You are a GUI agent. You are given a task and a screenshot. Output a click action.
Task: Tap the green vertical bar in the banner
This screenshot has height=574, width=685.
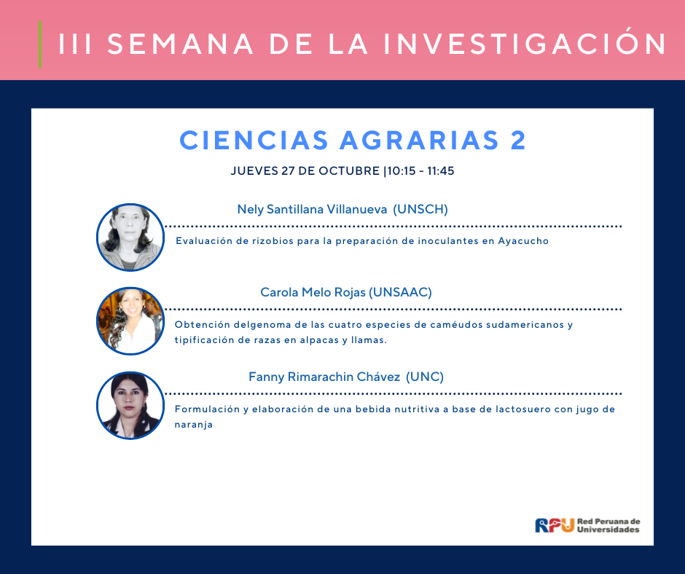point(40,44)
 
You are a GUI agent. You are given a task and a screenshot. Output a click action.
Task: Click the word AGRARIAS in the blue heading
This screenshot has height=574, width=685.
point(419,141)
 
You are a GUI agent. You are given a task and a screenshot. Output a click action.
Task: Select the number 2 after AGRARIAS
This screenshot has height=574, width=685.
point(518,141)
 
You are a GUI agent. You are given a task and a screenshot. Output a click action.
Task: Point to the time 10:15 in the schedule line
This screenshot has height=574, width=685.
point(402,170)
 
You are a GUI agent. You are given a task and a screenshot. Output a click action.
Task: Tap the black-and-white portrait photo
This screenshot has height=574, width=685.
point(130,237)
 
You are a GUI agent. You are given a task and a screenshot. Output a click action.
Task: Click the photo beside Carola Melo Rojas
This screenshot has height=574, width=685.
point(130,321)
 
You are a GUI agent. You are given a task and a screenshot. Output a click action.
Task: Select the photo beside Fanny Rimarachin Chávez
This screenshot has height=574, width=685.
point(130,406)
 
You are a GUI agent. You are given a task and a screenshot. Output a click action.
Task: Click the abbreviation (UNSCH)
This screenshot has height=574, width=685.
point(420,209)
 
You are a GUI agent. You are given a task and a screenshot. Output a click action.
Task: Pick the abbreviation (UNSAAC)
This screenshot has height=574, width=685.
point(400,292)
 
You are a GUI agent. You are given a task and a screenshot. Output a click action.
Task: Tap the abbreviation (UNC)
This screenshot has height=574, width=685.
point(425,377)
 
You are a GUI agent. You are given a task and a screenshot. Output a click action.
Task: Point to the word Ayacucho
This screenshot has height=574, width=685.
point(523,240)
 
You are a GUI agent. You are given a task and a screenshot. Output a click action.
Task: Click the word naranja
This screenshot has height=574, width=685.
point(194,425)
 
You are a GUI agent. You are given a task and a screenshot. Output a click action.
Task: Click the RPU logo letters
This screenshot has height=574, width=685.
point(555,525)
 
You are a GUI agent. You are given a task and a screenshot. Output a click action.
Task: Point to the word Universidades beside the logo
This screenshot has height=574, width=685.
point(608,530)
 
